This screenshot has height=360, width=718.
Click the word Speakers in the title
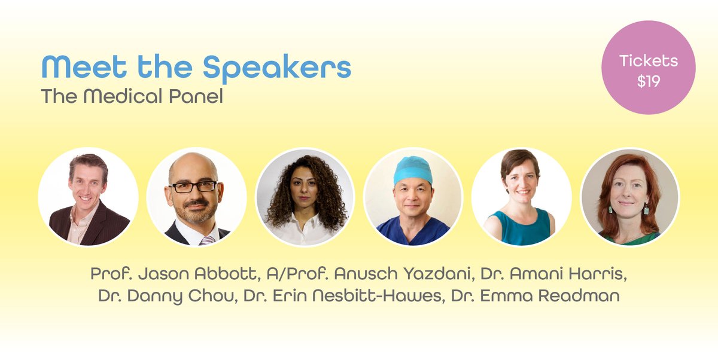(276, 68)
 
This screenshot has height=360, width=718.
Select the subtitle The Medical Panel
(132, 96)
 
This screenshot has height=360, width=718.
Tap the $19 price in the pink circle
(649, 81)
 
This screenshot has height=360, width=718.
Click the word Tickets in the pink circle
(649, 61)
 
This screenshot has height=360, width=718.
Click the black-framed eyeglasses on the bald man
(193, 187)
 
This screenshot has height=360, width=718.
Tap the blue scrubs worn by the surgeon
(413, 231)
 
